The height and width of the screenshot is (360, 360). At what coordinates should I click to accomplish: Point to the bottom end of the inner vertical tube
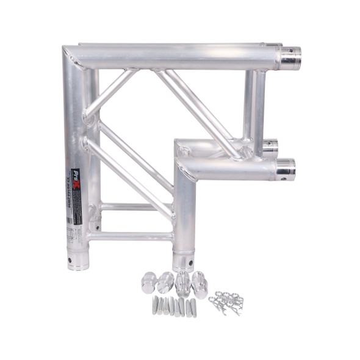coord(182,261)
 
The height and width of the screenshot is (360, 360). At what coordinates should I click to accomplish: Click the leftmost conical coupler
coord(149,282)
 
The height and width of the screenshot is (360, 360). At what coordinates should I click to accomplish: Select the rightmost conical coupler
coord(200,284)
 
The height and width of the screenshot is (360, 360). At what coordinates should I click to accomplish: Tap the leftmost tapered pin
coord(155,305)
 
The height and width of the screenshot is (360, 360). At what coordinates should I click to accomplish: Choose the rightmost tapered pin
coord(194,307)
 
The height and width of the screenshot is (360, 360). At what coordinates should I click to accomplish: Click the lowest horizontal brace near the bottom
coord(131,236)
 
